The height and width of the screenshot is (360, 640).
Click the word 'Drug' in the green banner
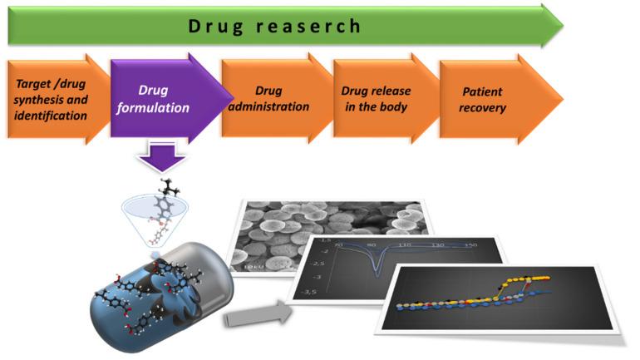214,26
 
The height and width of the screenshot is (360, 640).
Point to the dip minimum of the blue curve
380,270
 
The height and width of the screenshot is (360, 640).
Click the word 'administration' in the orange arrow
271,106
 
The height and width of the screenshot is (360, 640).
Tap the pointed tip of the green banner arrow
561,24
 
